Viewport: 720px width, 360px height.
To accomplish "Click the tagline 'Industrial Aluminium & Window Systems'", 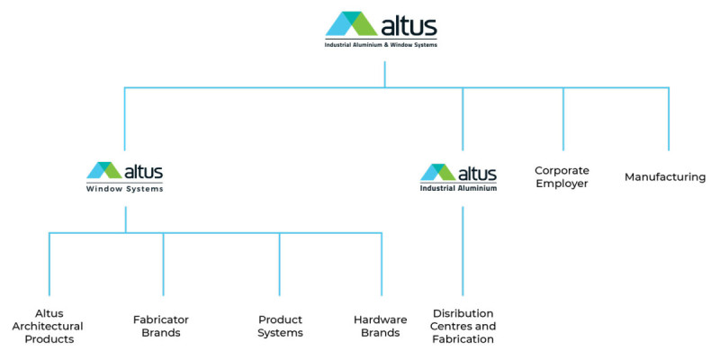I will (x=381, y=43).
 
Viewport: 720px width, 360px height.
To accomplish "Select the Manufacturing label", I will (x=665, y=177).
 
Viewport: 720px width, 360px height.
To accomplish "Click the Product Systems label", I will (x=280, y=326).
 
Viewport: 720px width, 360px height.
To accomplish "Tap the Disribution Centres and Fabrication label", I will (x=463, y=326).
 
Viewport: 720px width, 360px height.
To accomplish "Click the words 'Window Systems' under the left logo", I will (x=124, y=189).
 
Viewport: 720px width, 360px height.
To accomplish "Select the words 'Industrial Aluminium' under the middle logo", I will (x=458, y=188).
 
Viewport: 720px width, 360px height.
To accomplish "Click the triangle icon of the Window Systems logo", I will (x=104, y=171).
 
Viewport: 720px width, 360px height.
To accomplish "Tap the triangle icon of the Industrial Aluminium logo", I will (x=438, y=172).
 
